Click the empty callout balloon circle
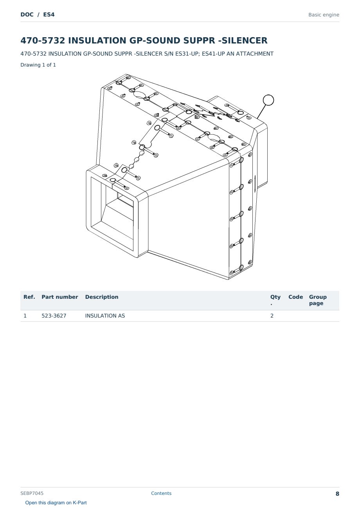pos(268,95)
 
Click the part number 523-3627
pos(54,316)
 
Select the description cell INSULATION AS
pos(105,316)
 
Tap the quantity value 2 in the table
pos(272,316)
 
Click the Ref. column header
pos(29,297)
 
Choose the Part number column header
pos(60,297)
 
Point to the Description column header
pos(102,297)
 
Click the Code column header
pos(295,297)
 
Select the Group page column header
pos(318,300)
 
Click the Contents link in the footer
pos(161,493)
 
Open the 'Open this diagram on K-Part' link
pos(56,503)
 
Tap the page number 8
pos(337,494)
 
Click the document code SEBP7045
pos(32,493)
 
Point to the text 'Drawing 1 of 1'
pos(38,65)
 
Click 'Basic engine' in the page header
pos(324,15)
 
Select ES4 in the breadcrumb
pos(49,14)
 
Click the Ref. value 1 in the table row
pos(25,316)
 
